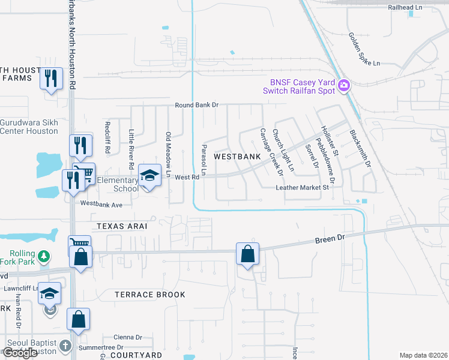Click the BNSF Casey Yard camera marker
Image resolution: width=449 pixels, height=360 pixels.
point(344,85)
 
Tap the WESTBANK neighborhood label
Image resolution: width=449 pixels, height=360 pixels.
point(237,156)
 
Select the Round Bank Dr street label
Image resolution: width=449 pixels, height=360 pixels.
point(197,105)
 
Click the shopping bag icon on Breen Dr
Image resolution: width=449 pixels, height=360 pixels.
point(247,254)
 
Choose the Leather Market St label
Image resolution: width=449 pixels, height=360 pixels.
point(303,187)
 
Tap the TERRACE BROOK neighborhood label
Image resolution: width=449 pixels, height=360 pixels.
point(150,295)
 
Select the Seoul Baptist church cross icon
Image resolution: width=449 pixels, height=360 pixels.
point(66,346)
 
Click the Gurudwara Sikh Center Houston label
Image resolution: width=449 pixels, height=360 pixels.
point(29,126)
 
